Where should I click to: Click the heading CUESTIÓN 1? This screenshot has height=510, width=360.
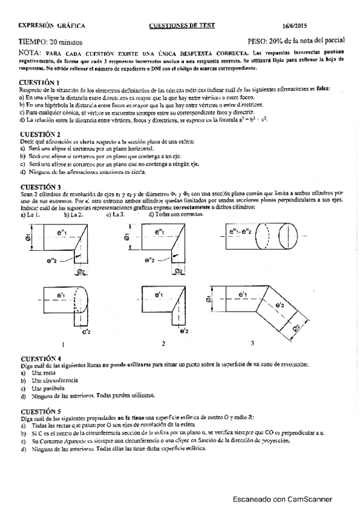point(40,82)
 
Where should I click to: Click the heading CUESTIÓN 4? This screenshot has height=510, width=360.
point(40,358)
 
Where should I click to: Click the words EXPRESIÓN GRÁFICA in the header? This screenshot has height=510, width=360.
point(52,25)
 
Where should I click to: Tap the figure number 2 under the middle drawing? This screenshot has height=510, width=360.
point(163,344)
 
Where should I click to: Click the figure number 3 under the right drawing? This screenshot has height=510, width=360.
point(252,343)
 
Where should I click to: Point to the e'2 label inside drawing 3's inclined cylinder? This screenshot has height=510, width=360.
point(279,306)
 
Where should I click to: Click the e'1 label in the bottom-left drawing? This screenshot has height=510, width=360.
point(61,295)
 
